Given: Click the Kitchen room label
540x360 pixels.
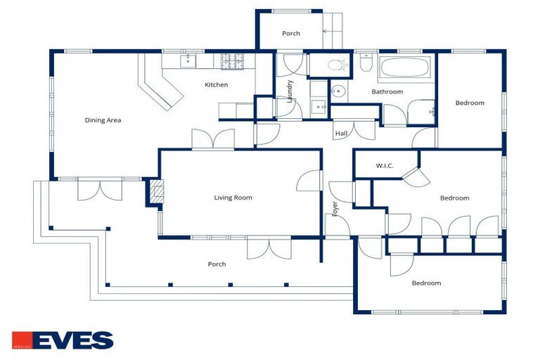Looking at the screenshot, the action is [217, 85].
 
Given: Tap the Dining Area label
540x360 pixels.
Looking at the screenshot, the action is [103, 120].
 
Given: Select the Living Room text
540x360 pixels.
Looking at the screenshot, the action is [233, 198].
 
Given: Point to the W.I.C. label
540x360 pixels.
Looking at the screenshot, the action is [385, 166].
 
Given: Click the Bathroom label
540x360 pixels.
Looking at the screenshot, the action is [387, 91].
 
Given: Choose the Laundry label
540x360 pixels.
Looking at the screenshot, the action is [290, 91].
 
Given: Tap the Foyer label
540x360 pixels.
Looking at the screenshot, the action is [335, 209].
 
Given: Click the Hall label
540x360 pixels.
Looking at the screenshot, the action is [341, 134].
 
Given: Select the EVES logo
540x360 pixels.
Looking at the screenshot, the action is [63, 340].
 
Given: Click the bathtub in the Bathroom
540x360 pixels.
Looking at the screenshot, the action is [404, 67].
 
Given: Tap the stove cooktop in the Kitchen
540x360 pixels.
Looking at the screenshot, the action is [232, 62].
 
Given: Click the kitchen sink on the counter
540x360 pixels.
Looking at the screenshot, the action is [188, 61].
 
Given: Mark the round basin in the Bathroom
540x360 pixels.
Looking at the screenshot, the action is [338, 91].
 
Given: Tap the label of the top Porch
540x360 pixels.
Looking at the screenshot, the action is [291, 34].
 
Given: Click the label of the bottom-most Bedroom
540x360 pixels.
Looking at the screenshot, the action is [426, 283].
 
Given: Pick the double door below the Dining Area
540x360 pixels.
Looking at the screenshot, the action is [100, 188].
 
